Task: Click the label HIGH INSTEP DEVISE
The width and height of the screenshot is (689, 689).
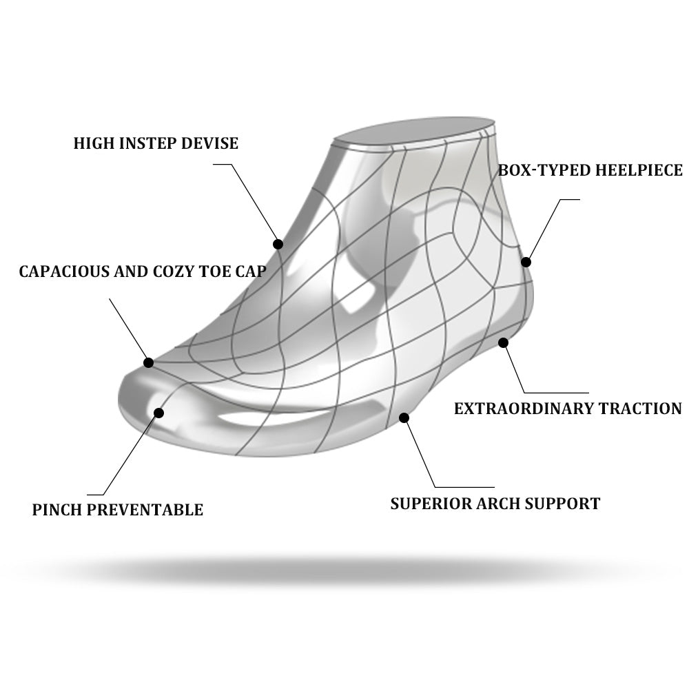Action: (x=156, y=143)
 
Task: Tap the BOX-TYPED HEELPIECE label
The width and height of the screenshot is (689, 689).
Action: (x=590, y=170)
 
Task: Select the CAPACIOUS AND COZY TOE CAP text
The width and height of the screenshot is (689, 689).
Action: (x=142, y=271)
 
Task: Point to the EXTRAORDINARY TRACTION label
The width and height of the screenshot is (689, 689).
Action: (x=568, y=409)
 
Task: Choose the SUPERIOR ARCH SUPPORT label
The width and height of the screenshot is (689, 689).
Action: (x=495, y=504)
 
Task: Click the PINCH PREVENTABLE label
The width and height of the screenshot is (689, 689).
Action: (x=118, y=510)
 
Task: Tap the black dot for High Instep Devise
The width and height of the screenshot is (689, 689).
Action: (x=278, y=244)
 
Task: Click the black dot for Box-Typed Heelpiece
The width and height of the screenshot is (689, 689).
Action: (x=526, y=262)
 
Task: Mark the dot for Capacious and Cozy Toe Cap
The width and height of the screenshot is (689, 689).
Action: (x=148, y=362)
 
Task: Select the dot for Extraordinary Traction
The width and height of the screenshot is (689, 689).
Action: (x=504, y=342)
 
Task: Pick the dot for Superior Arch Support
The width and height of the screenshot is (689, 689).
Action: (x=404, y=418)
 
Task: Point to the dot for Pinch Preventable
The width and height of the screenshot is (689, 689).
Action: (x=159, y=413)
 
